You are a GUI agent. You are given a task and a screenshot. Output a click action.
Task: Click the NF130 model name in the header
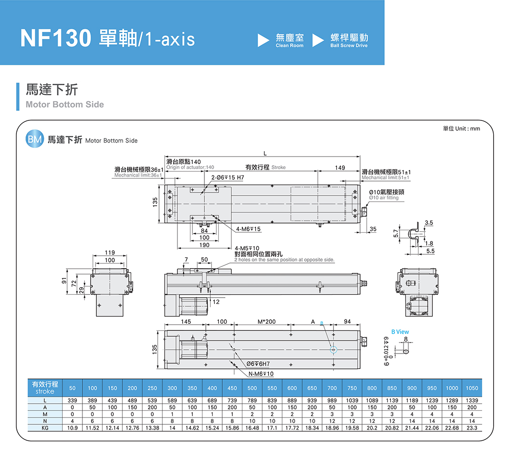click(x=55, y=39)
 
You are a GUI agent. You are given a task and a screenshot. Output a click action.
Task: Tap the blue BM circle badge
click(x=35, y=140)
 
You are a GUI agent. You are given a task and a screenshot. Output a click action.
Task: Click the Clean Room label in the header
click(x=290, y=40)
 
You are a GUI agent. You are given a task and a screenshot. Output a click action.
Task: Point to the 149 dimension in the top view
click(x=340, y=168)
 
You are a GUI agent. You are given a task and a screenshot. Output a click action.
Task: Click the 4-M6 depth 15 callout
click(x=249, y=229)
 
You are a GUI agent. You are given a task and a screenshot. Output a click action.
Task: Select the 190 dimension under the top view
click(x=204, y=245)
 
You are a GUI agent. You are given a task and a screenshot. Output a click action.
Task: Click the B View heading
click(x=400, y=332)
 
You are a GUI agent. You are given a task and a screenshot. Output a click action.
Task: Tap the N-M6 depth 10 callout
click(x=261, y=374)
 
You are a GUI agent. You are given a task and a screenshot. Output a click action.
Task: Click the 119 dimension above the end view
click(x=109, y=252)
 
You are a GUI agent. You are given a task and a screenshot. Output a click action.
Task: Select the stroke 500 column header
click(x=252, y=388)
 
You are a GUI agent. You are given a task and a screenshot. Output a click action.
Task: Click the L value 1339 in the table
click(x=472, y=401)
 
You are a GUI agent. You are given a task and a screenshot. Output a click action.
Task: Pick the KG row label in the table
click(x=45, y=427)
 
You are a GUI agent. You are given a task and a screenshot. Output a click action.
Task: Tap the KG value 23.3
click(x=472, y=427)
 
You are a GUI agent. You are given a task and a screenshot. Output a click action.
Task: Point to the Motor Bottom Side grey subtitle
click(x=65, y=105)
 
